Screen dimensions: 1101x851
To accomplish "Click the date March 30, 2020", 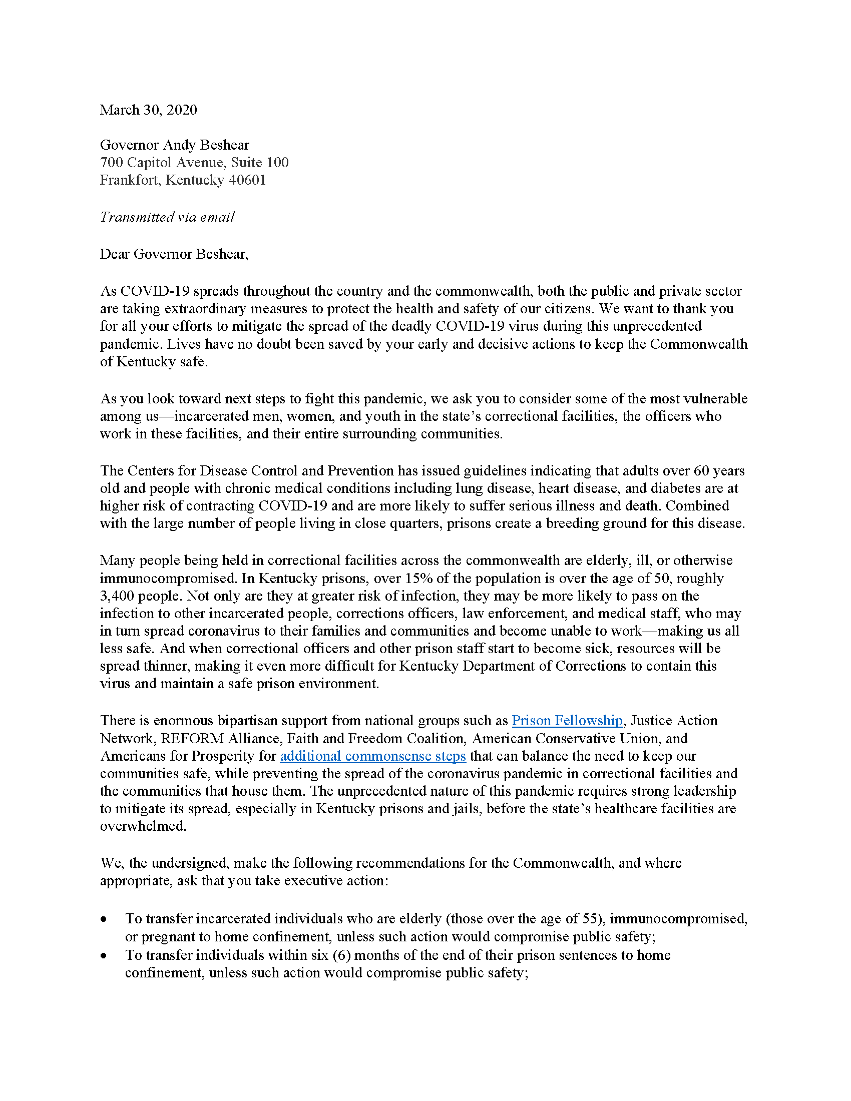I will [x=148, y=110].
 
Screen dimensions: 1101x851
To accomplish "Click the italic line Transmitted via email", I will [x=167, y=217].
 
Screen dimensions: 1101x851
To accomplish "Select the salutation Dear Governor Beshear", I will [x=174, y=254].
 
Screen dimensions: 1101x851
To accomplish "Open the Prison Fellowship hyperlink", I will [x=567, y=720].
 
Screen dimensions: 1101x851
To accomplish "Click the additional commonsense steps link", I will [x=373, y=756].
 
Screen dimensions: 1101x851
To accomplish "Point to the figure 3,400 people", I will [x=140, y=596].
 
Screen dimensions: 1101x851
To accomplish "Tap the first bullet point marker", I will [x=104, y=919].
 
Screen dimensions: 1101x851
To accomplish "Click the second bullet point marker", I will [x=104, y=956].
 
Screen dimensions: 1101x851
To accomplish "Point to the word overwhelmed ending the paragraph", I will [x=143, y=826].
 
